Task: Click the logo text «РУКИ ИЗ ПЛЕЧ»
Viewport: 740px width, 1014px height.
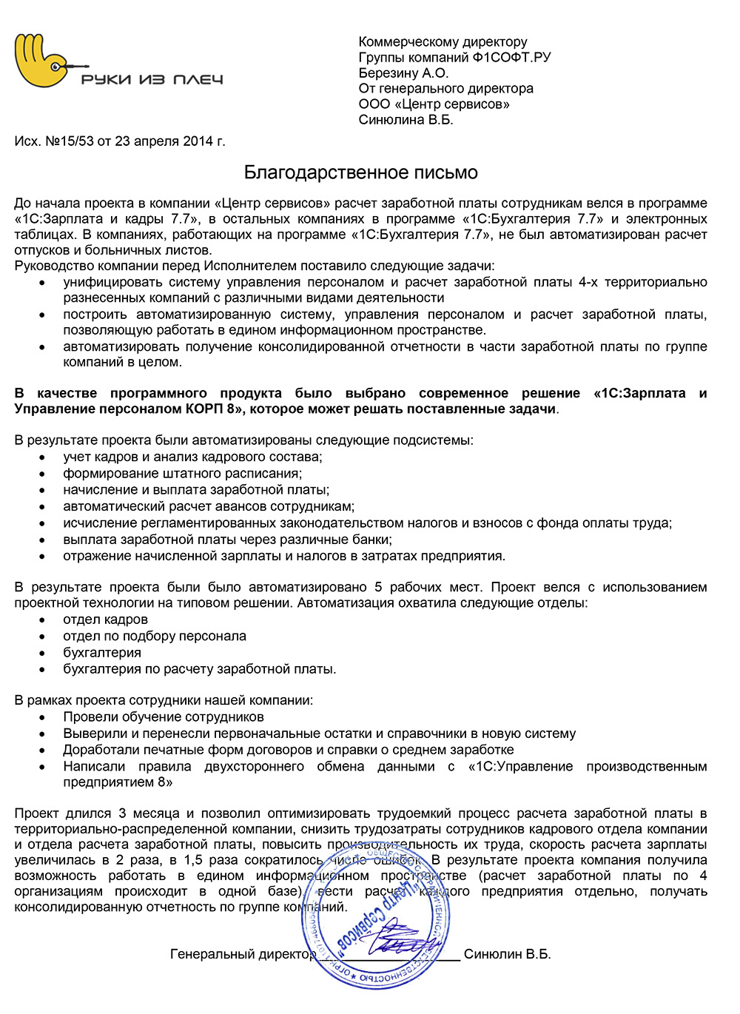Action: coord(152,79)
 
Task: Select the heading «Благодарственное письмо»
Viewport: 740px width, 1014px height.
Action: coord(361,172)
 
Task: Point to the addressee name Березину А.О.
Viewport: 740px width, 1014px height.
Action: coord(403,73)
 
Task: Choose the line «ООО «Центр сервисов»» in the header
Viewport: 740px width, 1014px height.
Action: coord(434,104)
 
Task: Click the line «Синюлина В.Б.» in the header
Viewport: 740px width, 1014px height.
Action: coord(406,119)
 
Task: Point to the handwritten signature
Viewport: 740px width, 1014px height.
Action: coord(403,939)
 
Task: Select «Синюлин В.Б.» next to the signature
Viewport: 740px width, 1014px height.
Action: coord(507,954)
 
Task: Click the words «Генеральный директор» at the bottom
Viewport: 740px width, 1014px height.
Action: coord(243,954)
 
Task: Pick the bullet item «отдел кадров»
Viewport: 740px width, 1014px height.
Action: coord(105,620)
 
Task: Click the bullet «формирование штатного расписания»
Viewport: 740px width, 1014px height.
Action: coord(182,473)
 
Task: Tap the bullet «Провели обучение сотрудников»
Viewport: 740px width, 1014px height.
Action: coord(164,716)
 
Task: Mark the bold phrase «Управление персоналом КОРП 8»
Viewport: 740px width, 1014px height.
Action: coord(131,409)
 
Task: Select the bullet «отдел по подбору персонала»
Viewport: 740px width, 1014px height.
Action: coord(155,636)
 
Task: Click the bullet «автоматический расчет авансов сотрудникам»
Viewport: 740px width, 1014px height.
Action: coord(209,506)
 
